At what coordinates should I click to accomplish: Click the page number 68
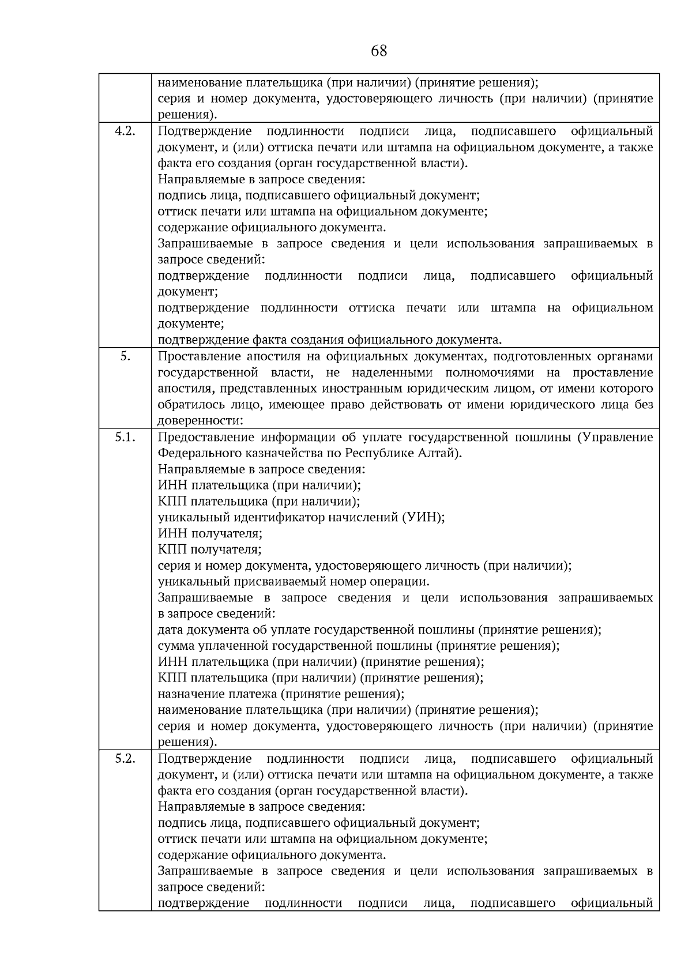(x=379, y=51)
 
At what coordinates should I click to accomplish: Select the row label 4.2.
(x=125, y=131)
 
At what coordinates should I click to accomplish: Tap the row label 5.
(x=125, y=356)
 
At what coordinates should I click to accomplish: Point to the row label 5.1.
(x=125, y=437)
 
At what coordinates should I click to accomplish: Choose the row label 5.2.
(x=125, y=758)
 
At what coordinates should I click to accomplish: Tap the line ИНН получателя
(x=210, y=533)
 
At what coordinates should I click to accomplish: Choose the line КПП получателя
(x=210, y=549)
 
